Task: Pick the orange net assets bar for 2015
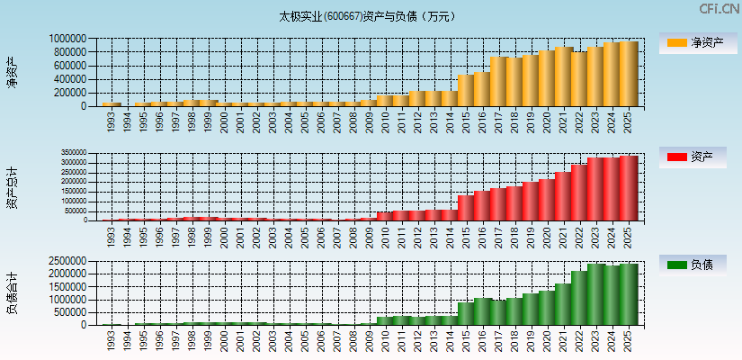[x=466, y=90]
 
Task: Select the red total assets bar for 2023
[x=595, y=189]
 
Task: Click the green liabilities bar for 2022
[x=579, y=298]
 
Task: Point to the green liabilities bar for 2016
[x=482, y=311]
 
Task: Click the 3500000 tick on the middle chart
[x=77, y=154]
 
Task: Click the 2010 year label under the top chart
[x=386, y=121]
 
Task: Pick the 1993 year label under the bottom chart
[x=111, y=339]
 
